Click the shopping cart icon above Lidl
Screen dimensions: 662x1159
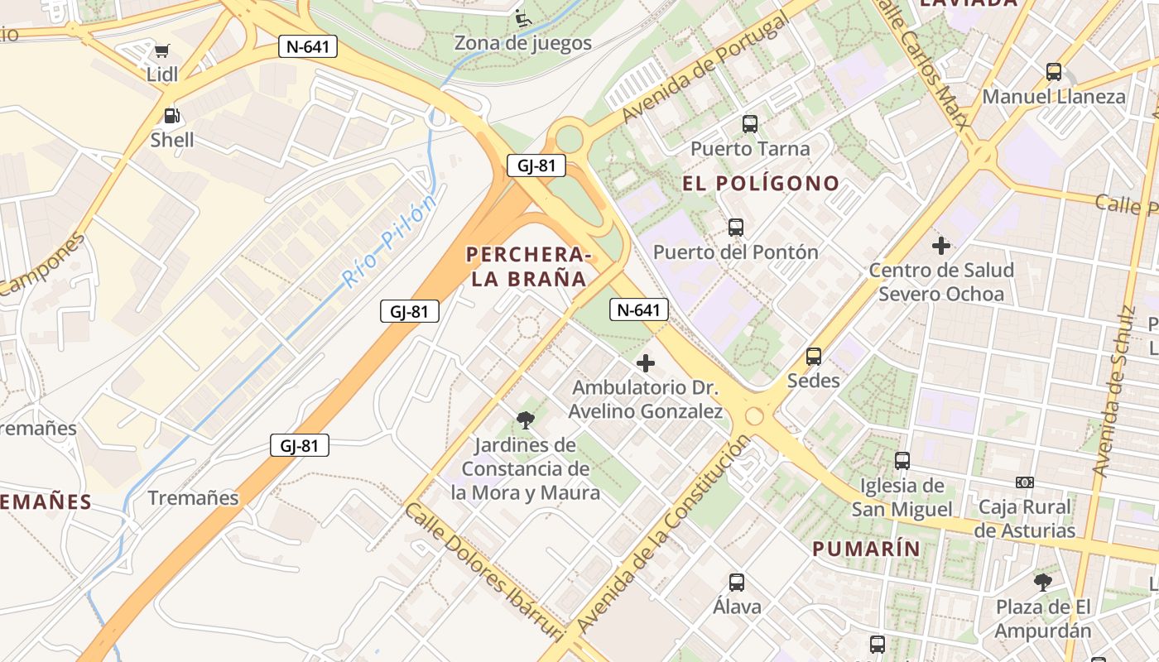click(x=162, y=51)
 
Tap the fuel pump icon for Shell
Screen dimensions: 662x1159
click(x=171, y=117)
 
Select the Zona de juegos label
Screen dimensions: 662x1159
click(x=522, y=43)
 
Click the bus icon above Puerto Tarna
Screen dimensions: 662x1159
click(x=750, y=124)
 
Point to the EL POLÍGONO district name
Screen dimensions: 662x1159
click(x=761, y=183)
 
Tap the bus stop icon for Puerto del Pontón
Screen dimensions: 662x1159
click(x=736, y=228)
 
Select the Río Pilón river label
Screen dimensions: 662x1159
click(x=389, y=242)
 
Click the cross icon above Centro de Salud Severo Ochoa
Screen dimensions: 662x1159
click(x=940, y=246)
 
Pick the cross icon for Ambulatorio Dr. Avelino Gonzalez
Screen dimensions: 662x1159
click(x=646, y=362)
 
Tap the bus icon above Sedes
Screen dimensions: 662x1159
click(x=814, y=357)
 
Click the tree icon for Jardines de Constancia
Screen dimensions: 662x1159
click(x=525, y=420)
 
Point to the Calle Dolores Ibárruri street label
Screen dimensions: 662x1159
click(x=484, y=571)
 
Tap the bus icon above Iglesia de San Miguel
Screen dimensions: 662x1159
click(x=902, y=461)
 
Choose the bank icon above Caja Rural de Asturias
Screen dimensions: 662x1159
click(x=1025, y=482)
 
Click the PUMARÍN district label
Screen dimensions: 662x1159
click(x=866, y=549)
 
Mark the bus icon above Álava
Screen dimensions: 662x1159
click(x=737, y=583)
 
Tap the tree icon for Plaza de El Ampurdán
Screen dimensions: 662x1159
click(x=1043, y=583)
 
